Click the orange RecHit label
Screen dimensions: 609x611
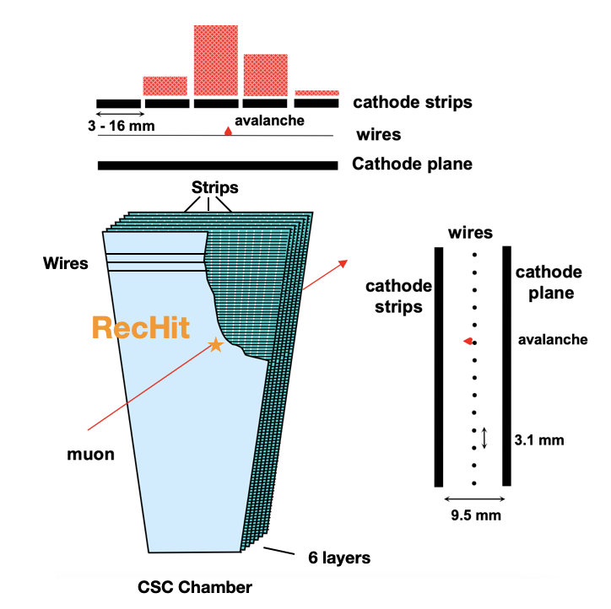coord(140,326)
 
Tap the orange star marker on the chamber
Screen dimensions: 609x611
coord(216,344)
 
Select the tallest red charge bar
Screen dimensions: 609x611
coord(216,59)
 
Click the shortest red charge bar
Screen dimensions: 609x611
coord(317,92)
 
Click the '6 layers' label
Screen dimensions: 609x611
coord(333,558)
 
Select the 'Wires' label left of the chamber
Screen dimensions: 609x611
coord(65,263)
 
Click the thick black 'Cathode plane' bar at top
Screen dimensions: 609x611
coord(218,165)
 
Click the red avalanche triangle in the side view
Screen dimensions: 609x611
coord(466,341)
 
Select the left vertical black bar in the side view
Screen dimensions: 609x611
coord(439,366)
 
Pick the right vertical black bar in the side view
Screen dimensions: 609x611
coord(506,366)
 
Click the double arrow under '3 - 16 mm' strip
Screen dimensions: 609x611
coord(117,113)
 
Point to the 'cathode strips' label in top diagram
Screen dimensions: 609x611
coord(412,103)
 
